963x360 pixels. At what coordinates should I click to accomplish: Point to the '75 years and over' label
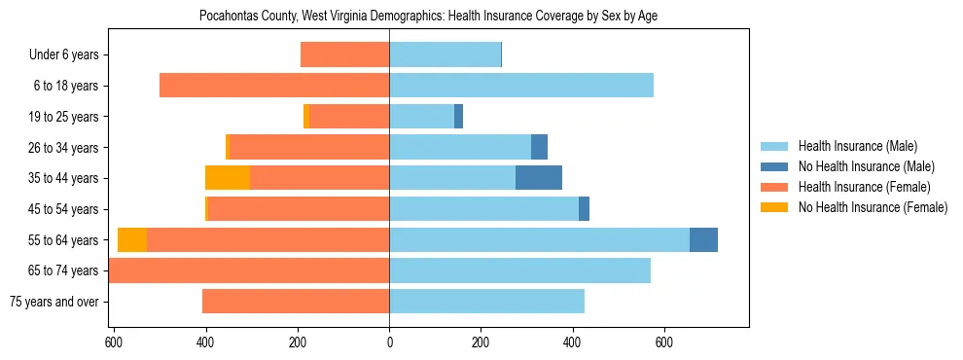click(54, 302)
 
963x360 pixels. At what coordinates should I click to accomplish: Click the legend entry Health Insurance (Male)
click(856, 147)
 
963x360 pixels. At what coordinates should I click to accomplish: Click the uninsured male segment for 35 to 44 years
click(539, 178)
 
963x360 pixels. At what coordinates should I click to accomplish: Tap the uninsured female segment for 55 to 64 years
click(132, 240)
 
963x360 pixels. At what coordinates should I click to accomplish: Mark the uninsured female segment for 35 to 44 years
click(228, 178)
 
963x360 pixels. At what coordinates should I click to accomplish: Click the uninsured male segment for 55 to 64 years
click(703, 240)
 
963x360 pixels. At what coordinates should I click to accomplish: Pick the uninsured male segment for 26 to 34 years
click(539, 147)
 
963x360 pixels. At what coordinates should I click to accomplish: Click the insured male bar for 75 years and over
click(486, 302)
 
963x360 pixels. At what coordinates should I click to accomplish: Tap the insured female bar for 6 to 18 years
click(274, 86)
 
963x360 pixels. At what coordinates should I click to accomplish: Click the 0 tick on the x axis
click(389, 342)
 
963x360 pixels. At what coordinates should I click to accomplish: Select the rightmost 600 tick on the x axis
click(664, 342)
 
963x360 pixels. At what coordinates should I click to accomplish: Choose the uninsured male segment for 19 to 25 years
click(458, 117)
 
